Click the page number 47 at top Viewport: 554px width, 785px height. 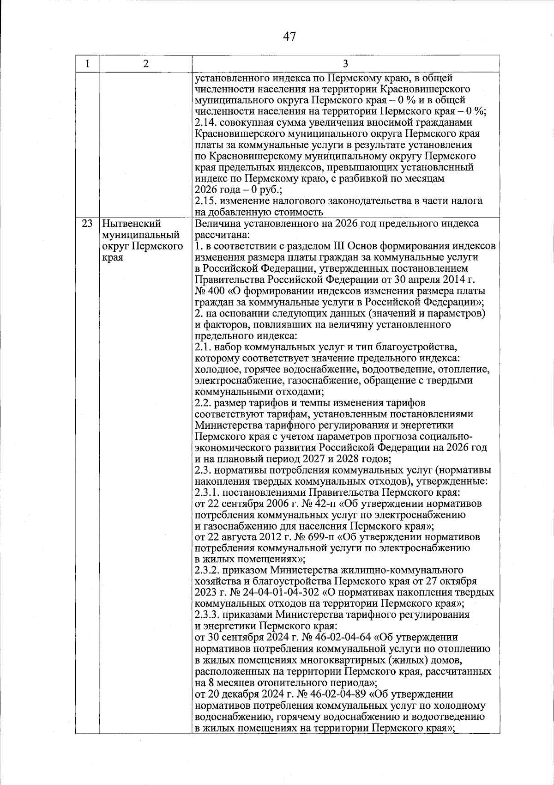click(x=289, y=37)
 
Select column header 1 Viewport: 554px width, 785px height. click(x=87, y=64)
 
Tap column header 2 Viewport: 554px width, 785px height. click(x=145, y=64)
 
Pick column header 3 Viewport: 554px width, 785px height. click(x=345, y=64)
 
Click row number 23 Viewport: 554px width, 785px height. click(x=87, y=224)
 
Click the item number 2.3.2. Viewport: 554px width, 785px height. click(x=208, y=570)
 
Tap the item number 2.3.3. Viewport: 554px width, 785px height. click(x=208, y=615)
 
